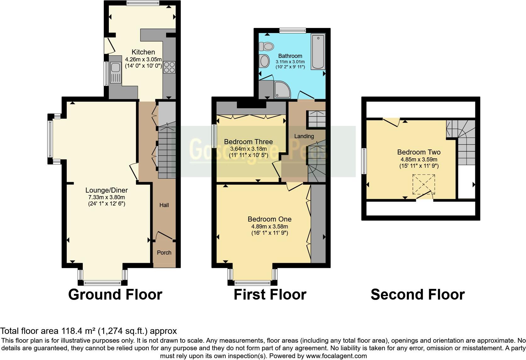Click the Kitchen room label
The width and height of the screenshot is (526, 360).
143,52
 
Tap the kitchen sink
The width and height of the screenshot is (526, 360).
115,72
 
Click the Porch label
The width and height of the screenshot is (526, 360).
164,252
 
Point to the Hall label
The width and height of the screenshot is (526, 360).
164,205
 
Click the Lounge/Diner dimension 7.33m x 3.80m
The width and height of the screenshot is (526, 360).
107,197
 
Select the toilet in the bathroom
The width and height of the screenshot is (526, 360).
266,47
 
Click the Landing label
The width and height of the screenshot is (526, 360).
304,136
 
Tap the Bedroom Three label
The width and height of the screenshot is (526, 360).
248,142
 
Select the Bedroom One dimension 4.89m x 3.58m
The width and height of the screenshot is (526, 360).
270,226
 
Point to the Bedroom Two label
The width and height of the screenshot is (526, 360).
418,152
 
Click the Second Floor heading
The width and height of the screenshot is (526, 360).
417,295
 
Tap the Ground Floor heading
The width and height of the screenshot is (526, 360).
115,295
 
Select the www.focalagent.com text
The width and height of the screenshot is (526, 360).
336,356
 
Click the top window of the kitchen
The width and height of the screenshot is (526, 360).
143,3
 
